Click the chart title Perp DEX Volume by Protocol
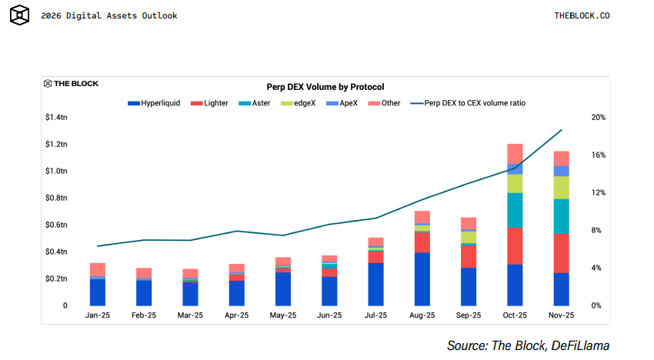point(325,87)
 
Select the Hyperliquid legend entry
point(160,102)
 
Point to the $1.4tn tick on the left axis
point(55,118)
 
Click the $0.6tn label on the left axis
point(55,225)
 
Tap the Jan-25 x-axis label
point(98,315)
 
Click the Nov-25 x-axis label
point(561,315)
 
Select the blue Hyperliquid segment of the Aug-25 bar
point(422,278)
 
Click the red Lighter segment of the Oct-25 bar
point(515,245)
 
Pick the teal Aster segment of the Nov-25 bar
point(561,216)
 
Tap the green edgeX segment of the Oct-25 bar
point(515,184)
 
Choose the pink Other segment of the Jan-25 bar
point(98,269)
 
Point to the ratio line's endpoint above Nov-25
point(562,130)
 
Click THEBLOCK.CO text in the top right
point(582,15)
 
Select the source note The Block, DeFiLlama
point(528,345)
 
